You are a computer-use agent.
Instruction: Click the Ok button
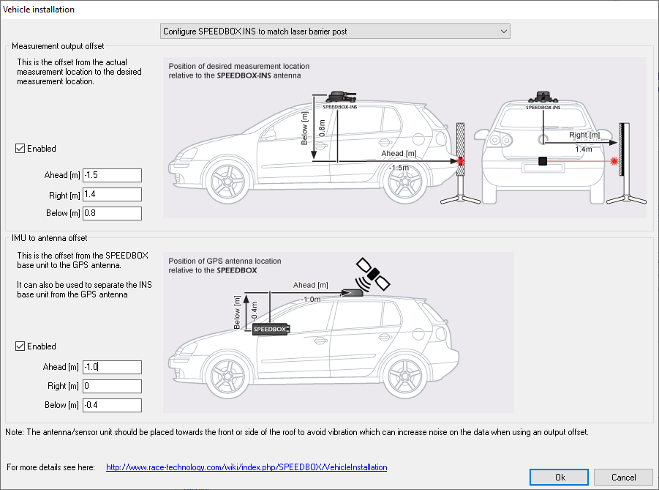560,477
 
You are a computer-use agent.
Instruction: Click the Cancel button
623,477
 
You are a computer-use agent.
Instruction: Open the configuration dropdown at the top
335,31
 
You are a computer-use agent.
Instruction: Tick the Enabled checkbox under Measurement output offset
20,149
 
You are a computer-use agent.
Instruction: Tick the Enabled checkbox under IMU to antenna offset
20,346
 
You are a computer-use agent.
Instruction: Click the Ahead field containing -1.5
112,175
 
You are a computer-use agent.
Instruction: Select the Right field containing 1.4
112,194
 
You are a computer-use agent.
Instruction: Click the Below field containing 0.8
112,213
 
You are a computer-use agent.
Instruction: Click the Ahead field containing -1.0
112,367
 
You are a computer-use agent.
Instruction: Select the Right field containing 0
112,386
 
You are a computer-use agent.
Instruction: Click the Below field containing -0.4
112,405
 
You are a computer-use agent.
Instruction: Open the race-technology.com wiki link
246,467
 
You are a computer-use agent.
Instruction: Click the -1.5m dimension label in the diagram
399,168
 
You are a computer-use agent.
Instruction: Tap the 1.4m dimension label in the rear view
584,149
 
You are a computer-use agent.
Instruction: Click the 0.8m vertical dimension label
322,128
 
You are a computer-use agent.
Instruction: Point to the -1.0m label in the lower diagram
311,299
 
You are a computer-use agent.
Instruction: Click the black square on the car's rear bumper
543,161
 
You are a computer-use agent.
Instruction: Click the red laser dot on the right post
615,160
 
